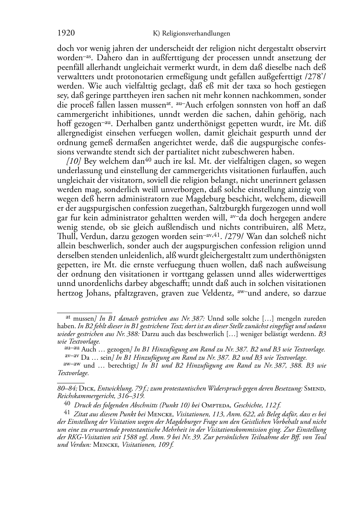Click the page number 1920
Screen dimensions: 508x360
point(66,33)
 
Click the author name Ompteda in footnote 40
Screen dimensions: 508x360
point(216,405)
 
